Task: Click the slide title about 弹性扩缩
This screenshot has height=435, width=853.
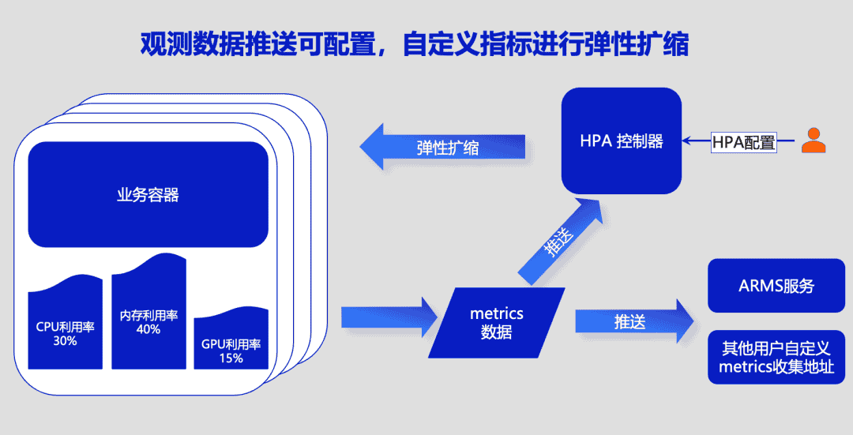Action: (x=414, y=44)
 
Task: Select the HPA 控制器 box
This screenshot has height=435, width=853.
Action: (x=621, y=141)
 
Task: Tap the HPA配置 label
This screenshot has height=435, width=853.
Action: (x=743, y=142)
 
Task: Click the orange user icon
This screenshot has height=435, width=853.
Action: (x=813, y=141)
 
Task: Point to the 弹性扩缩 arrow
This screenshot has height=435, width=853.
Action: (x=442, y=147)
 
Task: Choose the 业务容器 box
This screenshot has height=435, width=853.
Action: (x=148, y=194)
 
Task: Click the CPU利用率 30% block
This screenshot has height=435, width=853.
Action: (x=66, y=332)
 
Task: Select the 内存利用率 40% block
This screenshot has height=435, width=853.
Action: (x=148, y=320)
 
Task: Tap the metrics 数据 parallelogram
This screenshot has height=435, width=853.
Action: (x=497, y=323)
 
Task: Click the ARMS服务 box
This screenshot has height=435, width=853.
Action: (x=776, y=286)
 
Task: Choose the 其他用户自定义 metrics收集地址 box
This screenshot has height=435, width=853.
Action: (x=776, y=358)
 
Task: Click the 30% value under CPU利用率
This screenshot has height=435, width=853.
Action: (x=65, y=341)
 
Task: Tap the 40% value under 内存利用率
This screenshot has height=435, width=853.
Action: (x=148, y=329)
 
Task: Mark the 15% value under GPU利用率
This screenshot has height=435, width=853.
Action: (x=231, y=358)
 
